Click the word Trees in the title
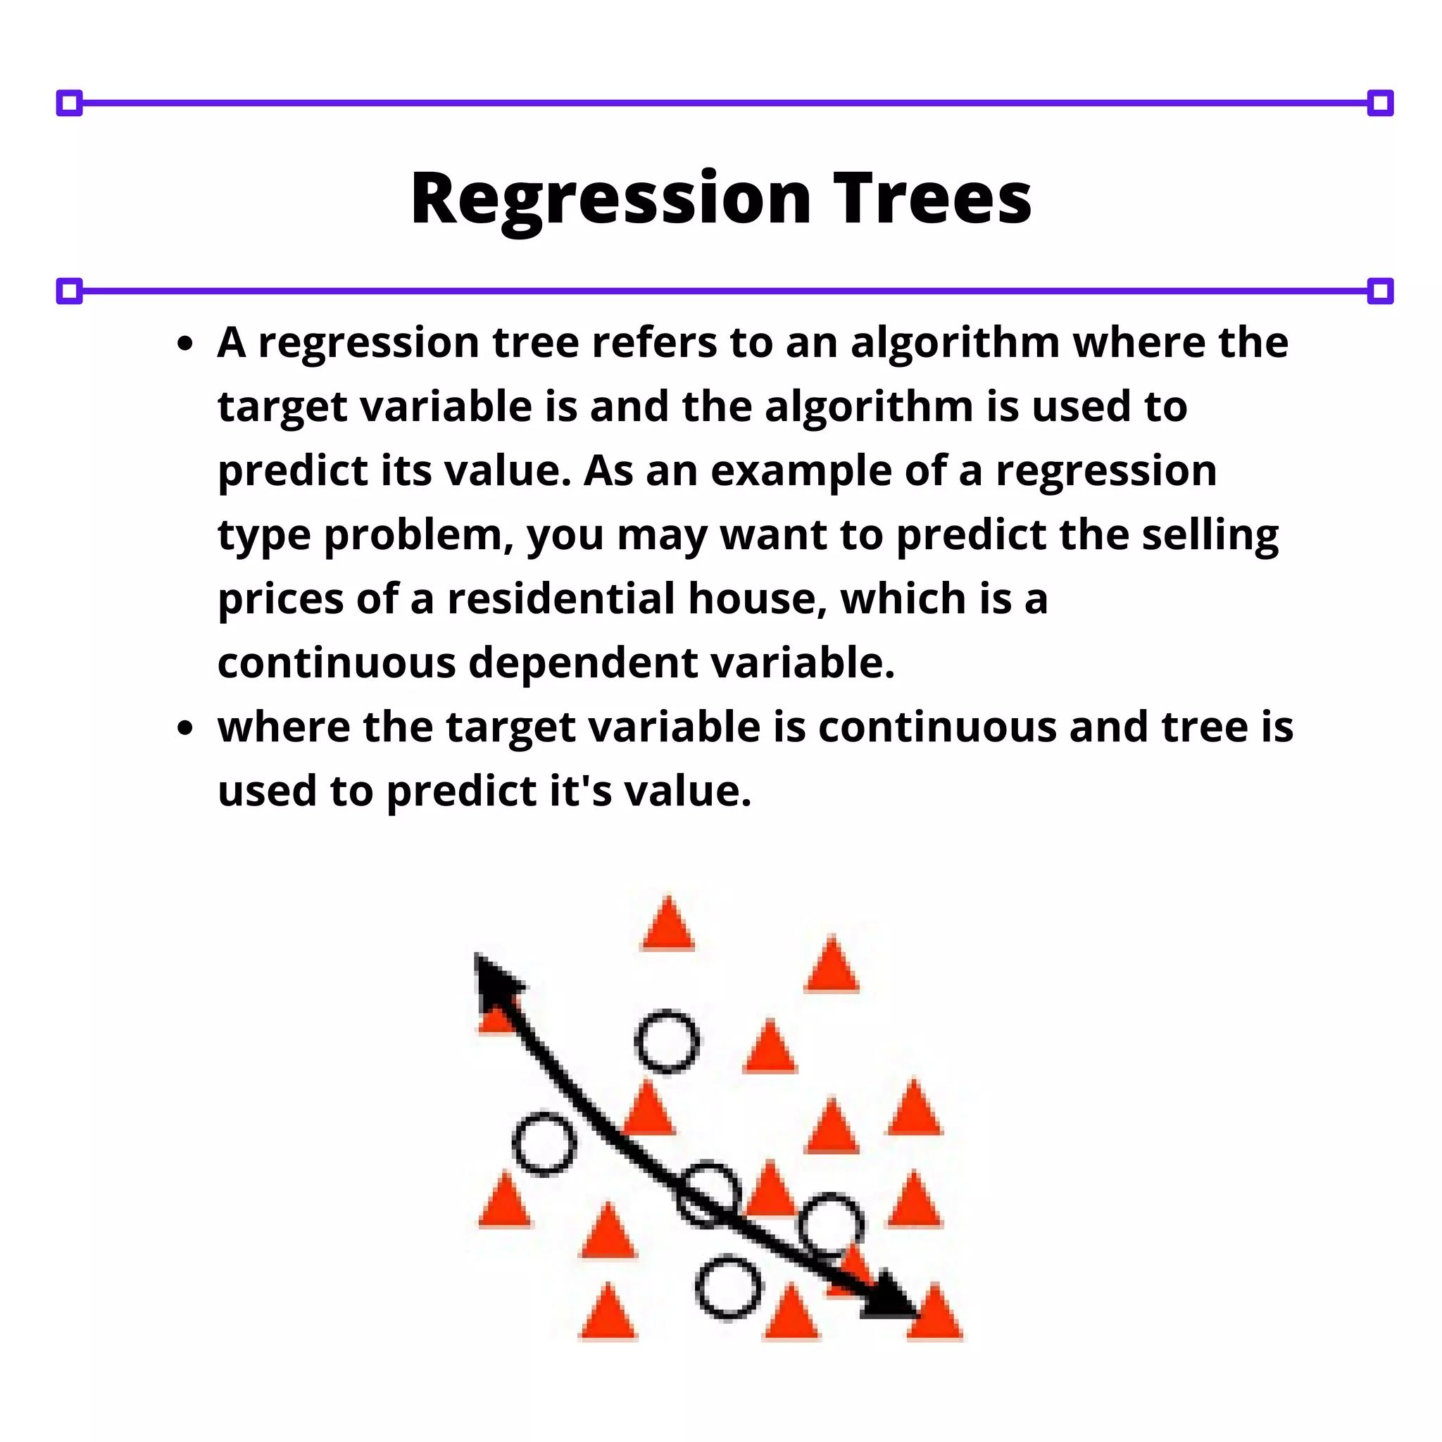tap(932, 199)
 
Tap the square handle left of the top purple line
tap(70, 103)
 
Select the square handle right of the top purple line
tap(1380, 103)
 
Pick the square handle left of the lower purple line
tap(70, 291)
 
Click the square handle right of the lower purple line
tap(1380, 291)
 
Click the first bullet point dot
tap(186, 344)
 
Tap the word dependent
tap(583, 663)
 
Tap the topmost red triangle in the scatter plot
tap(668, 924)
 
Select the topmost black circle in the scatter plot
tap(667, 1041)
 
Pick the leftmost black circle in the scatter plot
tap(545, 1143)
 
